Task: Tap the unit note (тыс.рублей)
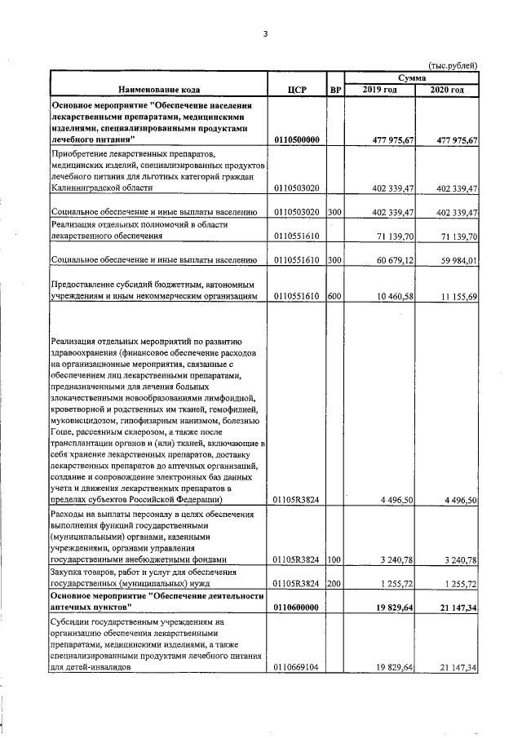452,65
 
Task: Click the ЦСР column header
297,90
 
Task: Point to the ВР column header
334,90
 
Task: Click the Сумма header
411,77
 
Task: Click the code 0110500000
297,140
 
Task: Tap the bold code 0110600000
297,608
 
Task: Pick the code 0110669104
297,668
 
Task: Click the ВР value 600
334,296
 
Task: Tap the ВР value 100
334,560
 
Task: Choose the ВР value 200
334,584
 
